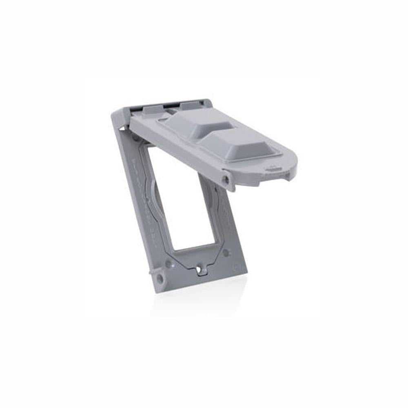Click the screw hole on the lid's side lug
(225, 179)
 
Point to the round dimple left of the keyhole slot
(168, 264)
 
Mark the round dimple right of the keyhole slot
(226, 253)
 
